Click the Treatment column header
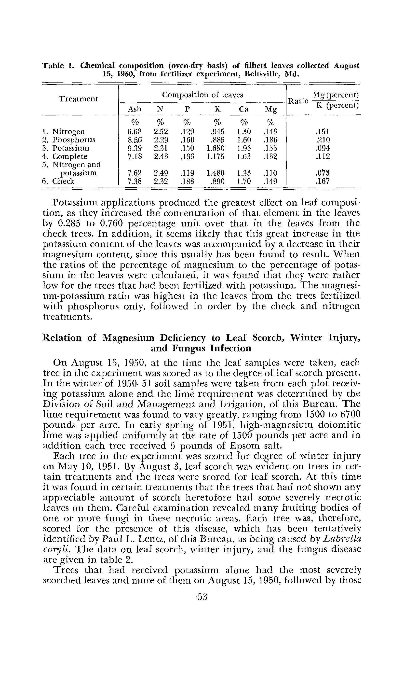78,99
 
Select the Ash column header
135,109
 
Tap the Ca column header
243,109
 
